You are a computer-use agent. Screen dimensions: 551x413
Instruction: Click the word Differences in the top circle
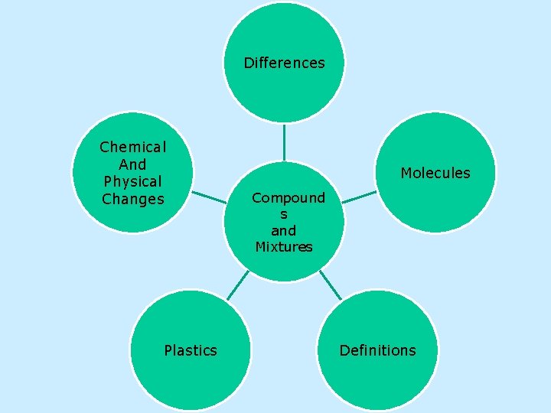[284, 63]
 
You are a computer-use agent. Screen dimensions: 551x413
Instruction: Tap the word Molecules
[435, 173]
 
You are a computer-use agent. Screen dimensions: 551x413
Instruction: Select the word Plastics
[191, 350]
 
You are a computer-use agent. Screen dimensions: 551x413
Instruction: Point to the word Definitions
[377, 350]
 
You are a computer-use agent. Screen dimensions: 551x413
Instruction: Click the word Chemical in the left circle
[133, 147]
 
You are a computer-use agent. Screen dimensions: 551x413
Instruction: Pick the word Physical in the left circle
[133, 182]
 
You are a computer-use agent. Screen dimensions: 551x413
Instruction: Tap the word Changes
[133, 200]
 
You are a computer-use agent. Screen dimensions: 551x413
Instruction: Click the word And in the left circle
[133, 164]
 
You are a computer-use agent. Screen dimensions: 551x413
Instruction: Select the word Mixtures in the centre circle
[284, 247]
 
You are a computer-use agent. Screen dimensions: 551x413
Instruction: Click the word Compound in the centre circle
[289, 198]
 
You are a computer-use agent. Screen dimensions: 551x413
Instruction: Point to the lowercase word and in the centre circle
[284, 230]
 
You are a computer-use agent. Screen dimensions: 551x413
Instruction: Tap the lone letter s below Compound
[284, 214]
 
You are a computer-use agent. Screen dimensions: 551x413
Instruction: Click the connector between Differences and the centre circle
[284, 142]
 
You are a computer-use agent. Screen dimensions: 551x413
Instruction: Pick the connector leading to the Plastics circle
[237, 285]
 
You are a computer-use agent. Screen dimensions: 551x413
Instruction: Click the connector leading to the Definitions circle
[331, 285]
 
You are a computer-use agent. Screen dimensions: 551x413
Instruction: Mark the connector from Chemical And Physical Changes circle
[208, 197]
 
